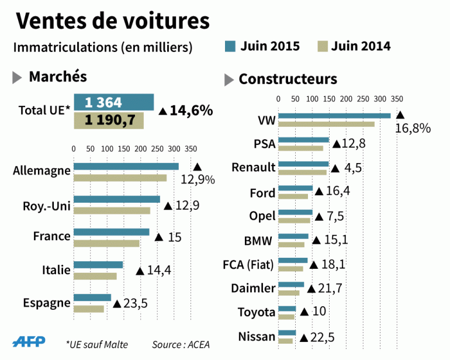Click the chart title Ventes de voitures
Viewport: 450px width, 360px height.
coord(112,21)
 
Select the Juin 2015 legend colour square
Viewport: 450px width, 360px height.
coord(230,46)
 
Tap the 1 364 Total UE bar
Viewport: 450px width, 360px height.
coord(113,102)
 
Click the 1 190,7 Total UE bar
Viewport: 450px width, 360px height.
coord(109,120)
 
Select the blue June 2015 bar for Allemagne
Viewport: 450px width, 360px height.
coord(126,166)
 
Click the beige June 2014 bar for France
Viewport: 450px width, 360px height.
coord(106,243)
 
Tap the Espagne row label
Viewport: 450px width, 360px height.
coord(46,303)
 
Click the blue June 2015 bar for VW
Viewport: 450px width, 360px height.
coord(334,116)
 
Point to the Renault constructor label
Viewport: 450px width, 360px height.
coord(253,168)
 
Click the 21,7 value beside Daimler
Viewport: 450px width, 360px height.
coord(329,288)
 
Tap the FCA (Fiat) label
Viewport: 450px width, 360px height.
coord(248,264)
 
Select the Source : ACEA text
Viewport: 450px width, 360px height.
coord(181,344)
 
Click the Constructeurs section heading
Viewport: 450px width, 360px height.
coord(288,79)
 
